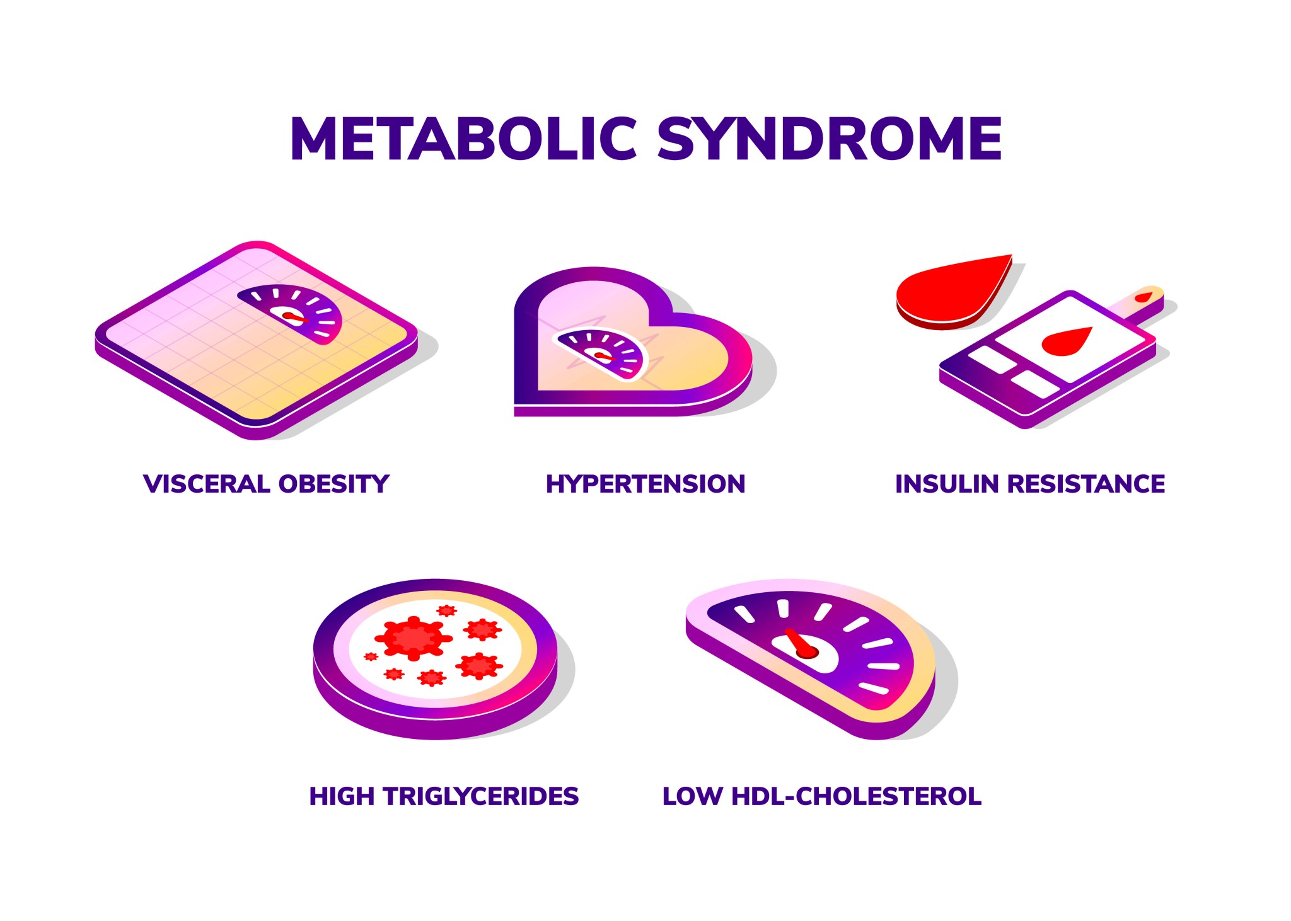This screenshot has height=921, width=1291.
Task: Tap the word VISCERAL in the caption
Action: pos(207,484)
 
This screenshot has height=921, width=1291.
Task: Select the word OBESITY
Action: pos(334,484)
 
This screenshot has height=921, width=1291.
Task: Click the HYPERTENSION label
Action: pos(645,484)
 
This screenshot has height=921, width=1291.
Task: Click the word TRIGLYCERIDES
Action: pos(480,796)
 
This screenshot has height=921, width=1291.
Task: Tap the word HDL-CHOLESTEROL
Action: pos(856,796)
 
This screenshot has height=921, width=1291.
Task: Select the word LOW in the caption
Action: pos(692,796)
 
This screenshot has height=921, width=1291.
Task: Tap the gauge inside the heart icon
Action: pos(601,353)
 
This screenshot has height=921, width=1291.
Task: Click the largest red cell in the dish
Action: pos(414,638)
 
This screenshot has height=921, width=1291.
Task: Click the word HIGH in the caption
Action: pos(342,796)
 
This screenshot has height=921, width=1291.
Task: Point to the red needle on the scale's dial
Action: pos(294,316)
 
